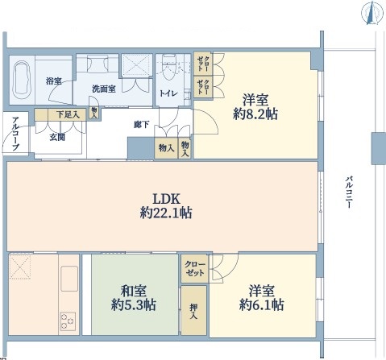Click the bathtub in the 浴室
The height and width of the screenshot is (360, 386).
22,80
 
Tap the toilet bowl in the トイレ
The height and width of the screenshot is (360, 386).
169,68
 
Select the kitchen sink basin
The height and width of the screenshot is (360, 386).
69,279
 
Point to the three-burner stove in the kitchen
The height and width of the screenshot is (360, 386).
68,321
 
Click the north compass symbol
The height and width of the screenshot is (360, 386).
371,14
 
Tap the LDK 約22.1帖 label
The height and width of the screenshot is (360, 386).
166,206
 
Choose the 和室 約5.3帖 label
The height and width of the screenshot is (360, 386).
134,297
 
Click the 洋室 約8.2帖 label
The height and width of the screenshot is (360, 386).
255,107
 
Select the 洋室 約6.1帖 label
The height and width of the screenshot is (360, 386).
261,297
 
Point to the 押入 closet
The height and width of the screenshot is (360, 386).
193,310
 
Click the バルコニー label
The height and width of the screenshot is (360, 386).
349,192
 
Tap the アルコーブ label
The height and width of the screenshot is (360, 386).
15,134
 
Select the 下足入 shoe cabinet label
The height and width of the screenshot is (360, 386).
68,115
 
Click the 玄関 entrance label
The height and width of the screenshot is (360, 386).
57,137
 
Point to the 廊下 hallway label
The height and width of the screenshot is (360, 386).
142,125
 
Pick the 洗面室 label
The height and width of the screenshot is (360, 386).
104,89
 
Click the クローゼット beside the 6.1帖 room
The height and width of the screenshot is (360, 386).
195,268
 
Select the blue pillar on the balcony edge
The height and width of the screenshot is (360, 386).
379,148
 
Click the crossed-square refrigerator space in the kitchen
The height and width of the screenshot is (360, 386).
20,267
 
